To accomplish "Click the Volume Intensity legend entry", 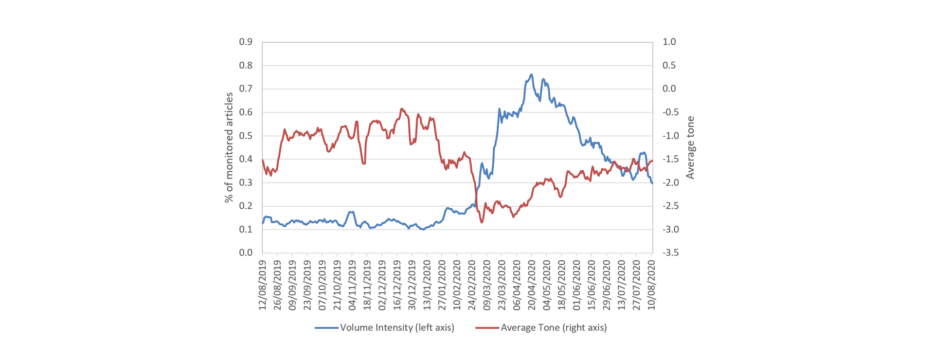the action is tap(384, 327).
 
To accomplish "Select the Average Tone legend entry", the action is tap(541, 327).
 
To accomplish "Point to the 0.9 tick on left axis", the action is tap(246, 42).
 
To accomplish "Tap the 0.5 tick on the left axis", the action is tap(246, 136).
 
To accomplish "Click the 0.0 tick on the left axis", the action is tap(246, 252).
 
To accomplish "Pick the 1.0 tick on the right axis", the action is tap(669, 42).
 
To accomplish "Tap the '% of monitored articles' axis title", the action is tap(229, 147).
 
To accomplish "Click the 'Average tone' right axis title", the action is tap(690, 147).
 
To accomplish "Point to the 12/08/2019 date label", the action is tap(262, 285).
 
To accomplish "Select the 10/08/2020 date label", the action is tap(652, 285).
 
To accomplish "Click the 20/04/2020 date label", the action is tap(532, 285).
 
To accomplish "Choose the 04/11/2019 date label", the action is tap(352, 285).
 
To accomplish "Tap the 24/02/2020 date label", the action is tap(472, 285).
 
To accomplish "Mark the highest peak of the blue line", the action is tap(532, 74).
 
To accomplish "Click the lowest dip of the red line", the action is tap(482, 222).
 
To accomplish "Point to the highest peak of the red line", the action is tap(402, 108).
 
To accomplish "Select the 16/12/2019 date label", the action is tap(397, 285).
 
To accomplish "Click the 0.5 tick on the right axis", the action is tap(669, 65).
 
